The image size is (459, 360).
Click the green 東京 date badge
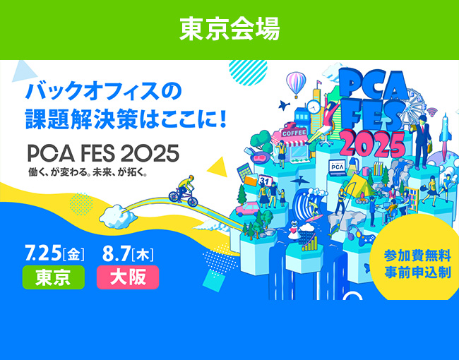(x=54, y=277)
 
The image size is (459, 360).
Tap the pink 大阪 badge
(x=128, y=277)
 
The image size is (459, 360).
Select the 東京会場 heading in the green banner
(x=229, y=29)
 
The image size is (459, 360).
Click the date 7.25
(x=43, y=253)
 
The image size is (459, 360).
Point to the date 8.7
(x=116, y=253)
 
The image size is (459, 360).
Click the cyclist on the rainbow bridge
(x=184, y=191)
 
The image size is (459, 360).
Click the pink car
(x=248, y=209)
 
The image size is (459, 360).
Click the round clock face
(x=314, y=107)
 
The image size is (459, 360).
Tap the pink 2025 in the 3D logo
(x=373, y=145)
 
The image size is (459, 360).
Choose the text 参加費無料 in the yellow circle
(x=417, y=256)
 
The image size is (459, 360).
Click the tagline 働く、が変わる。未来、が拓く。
(x=88, y=172)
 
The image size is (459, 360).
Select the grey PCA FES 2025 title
(x=103, y=153)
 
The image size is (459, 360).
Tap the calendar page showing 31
(x=265, y=181)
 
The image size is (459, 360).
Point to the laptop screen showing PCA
(x=338, y=167)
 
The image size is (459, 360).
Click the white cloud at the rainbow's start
(x=118, y=217)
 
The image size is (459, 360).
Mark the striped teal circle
(x=248, y=71)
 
